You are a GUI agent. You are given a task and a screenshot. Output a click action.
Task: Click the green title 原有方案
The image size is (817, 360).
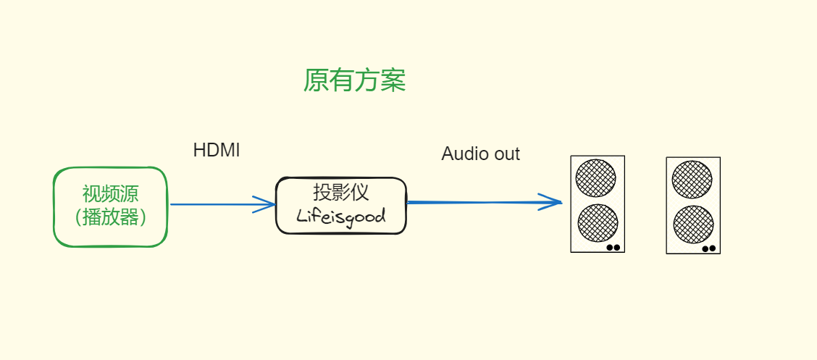[354, 80]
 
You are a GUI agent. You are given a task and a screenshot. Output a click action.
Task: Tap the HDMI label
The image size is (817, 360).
[216, 151]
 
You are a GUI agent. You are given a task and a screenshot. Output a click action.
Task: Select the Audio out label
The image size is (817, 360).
[480, 154]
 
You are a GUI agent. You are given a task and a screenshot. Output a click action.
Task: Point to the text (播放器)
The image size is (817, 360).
[110, 217]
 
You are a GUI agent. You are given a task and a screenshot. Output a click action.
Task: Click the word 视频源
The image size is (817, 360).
[110, 194]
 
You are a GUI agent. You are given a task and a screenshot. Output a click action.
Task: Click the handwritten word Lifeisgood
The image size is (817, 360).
[340, 216]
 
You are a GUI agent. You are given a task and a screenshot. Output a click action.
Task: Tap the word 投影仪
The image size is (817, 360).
[340, 192]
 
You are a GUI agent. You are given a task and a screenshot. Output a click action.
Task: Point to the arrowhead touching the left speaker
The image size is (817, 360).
[555, 202]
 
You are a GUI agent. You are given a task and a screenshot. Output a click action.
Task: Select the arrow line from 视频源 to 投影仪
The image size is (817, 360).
[210, 204]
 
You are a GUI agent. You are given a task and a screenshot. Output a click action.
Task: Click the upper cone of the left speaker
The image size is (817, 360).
[596, 177]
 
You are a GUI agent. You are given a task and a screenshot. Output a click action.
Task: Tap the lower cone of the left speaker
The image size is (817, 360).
[598, 223]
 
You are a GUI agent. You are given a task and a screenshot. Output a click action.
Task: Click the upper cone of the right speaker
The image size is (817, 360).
[692, 179]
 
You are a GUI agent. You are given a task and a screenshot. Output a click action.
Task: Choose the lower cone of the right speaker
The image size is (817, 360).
[693, 225]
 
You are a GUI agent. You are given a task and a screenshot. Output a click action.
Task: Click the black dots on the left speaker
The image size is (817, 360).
[613, 247]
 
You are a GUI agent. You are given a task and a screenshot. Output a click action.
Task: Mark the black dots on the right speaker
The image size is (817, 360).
[709, 248]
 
